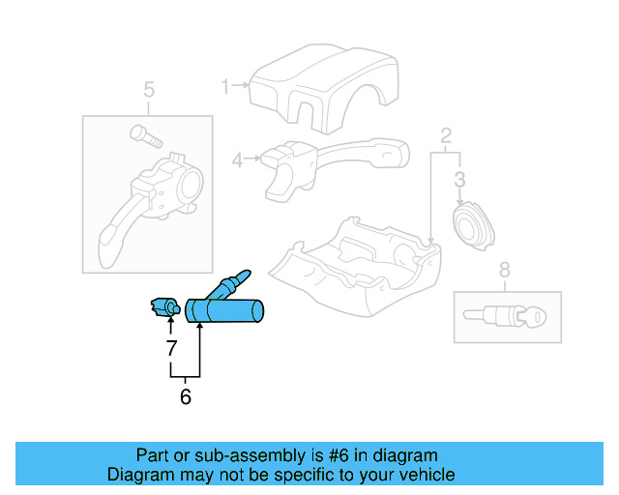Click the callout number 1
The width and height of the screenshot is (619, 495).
(224, 88)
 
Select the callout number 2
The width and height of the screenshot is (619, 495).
(446, 135)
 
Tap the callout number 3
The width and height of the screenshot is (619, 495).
(460, 179)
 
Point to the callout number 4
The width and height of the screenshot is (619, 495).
(237, 160)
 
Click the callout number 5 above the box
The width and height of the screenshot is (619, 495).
(149, 91)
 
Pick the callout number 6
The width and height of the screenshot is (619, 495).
(186, 396)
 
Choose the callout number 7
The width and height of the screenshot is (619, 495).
(171, 346)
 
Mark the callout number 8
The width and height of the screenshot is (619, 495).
(504, 271)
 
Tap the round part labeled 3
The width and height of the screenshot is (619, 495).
(473, 228)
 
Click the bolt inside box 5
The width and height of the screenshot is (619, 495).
(141, 136)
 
